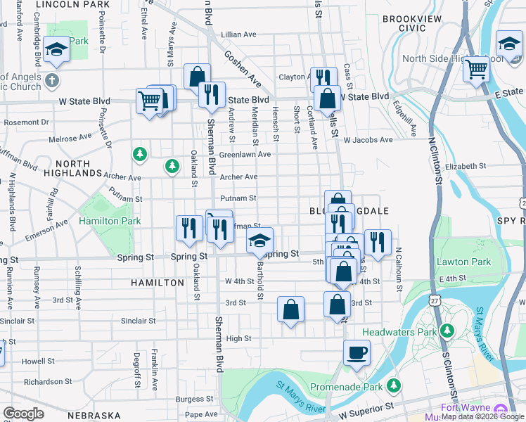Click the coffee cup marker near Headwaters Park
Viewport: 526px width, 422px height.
click(357, 352)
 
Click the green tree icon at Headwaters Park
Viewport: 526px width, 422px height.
click(446, 331)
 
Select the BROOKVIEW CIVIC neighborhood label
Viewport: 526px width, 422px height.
click(404, 23)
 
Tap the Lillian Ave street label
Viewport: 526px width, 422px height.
click(238, 34)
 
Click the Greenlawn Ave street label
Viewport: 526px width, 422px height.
click(245, 154)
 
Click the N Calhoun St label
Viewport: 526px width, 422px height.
click(398, 269)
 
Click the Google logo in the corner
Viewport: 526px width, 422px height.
click(23, 414)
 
